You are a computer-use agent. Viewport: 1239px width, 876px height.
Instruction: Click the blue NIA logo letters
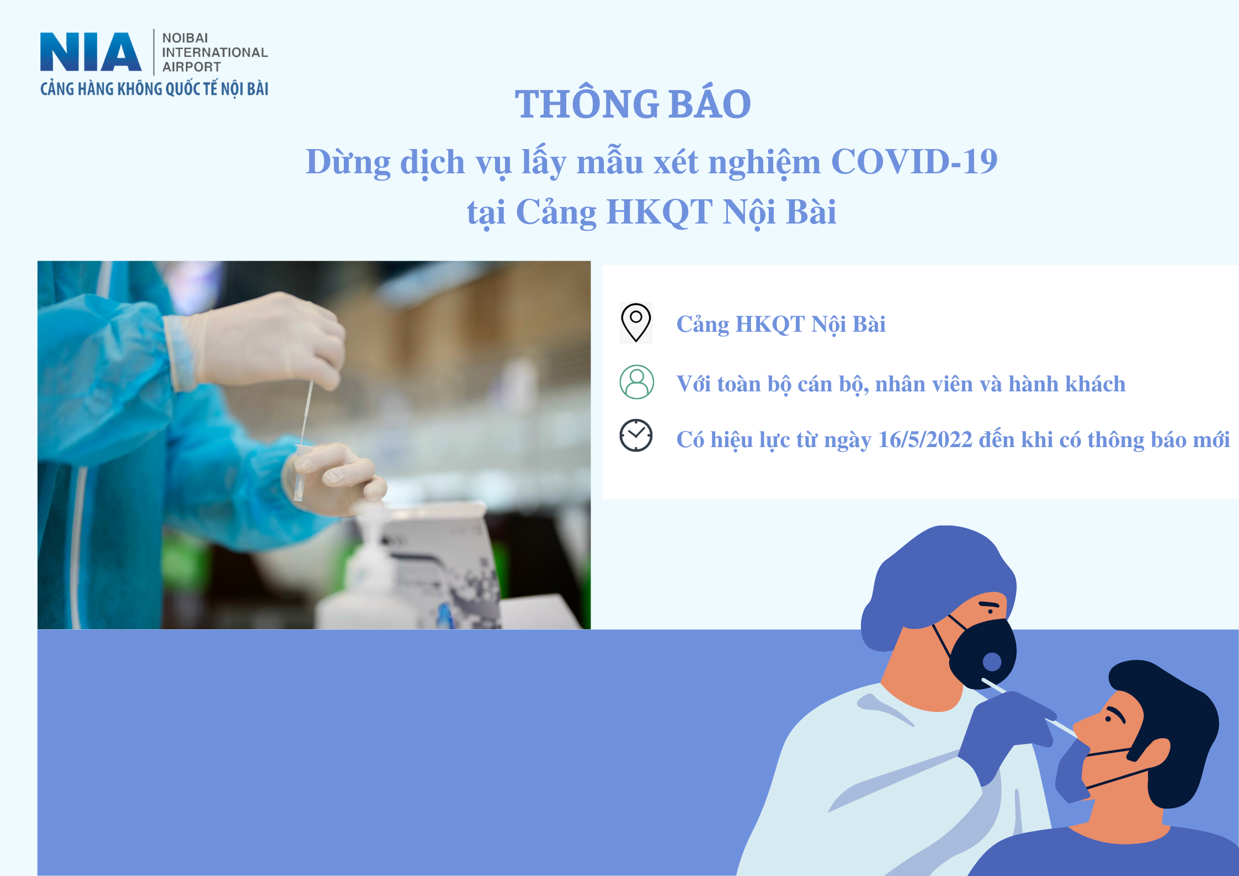click(x=91, y=52)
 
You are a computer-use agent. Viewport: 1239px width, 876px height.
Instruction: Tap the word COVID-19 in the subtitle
click(x=914, y=161)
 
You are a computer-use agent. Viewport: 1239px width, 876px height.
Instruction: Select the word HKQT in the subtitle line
click(x=660, y=212)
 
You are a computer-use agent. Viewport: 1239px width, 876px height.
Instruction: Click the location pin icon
click(x=636, y=322)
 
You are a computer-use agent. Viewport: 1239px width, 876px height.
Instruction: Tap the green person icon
click(x=636, y=382)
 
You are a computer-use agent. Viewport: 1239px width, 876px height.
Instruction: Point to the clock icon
click(x=636, y=436)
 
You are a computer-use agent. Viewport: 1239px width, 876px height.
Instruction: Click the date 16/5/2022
click(x=925, y=440)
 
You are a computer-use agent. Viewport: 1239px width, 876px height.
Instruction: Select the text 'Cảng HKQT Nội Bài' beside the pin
click(x=781, y=324)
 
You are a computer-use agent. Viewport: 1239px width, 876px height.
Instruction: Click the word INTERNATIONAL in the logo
click(x=215, y=52)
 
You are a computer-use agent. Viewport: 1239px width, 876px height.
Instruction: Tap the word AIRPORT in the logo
click(x=192, y=67)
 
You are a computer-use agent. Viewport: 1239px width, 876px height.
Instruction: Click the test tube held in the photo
click(x=300, y=472)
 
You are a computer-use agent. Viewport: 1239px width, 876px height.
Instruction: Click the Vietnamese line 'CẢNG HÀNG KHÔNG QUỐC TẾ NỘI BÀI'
click(x=155, y=89)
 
